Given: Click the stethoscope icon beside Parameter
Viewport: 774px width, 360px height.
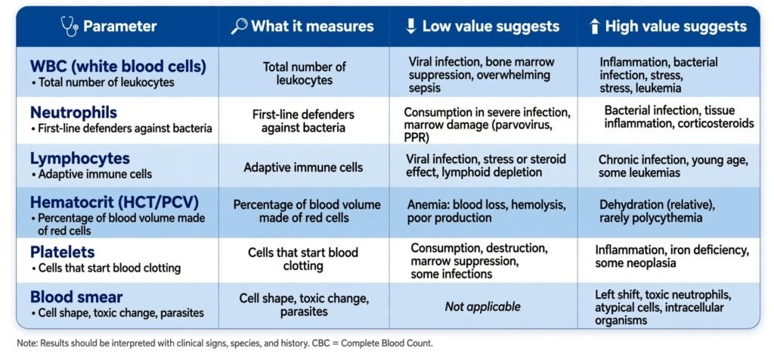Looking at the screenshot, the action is click(70, 26).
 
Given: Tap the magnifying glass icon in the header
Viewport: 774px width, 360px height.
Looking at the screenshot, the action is click(238, 26).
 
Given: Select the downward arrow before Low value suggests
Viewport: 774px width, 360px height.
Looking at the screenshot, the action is click(411, 26).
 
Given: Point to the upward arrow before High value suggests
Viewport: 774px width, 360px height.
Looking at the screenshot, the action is click(595, 26).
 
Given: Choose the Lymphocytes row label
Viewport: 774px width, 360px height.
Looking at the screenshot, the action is click(80, 159).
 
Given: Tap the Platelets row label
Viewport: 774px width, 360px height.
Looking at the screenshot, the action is click(62, 252).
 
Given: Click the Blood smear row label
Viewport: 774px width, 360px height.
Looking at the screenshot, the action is click(76, 296).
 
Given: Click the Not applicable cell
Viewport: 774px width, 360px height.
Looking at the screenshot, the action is click(483, 306).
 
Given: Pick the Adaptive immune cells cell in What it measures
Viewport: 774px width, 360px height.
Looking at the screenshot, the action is click(303, 167).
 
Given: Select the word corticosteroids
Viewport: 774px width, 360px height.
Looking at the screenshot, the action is click(716, 123).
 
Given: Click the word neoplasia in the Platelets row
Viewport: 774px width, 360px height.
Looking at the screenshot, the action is click(651, 262).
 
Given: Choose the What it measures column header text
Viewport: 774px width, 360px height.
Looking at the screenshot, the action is click(312, 26).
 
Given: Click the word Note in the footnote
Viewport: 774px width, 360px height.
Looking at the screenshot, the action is click(25, 343).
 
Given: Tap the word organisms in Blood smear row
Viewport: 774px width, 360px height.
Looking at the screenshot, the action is click(621, 320).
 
